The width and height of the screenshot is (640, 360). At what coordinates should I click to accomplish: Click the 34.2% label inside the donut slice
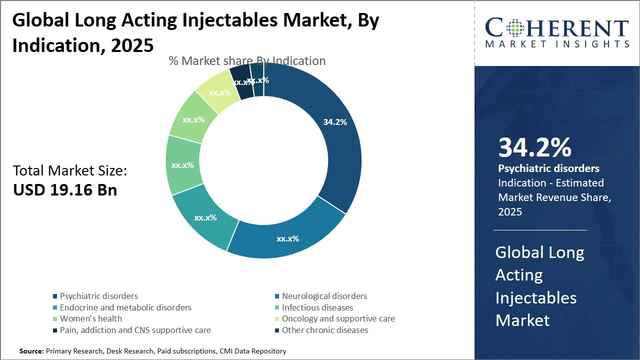334,121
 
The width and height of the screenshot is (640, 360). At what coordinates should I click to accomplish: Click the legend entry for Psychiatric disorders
98,296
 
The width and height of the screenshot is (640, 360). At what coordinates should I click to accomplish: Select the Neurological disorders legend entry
324,296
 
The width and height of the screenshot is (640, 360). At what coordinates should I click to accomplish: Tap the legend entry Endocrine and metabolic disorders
125,307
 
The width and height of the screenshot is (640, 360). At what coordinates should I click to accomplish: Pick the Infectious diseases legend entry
317,307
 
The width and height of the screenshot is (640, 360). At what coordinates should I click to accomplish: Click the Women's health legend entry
90,318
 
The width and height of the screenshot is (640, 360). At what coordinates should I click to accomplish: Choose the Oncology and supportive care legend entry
338,318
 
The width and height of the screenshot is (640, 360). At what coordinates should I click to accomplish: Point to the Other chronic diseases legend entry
324,330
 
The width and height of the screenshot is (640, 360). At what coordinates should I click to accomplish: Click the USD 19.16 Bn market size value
65,190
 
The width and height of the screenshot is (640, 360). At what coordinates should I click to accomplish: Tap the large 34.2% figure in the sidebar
534,147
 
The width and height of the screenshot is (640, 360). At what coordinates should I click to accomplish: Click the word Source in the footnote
31,351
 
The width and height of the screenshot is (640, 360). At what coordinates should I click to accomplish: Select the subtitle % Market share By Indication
247,61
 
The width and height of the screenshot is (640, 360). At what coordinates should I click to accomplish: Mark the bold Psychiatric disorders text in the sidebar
548,168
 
